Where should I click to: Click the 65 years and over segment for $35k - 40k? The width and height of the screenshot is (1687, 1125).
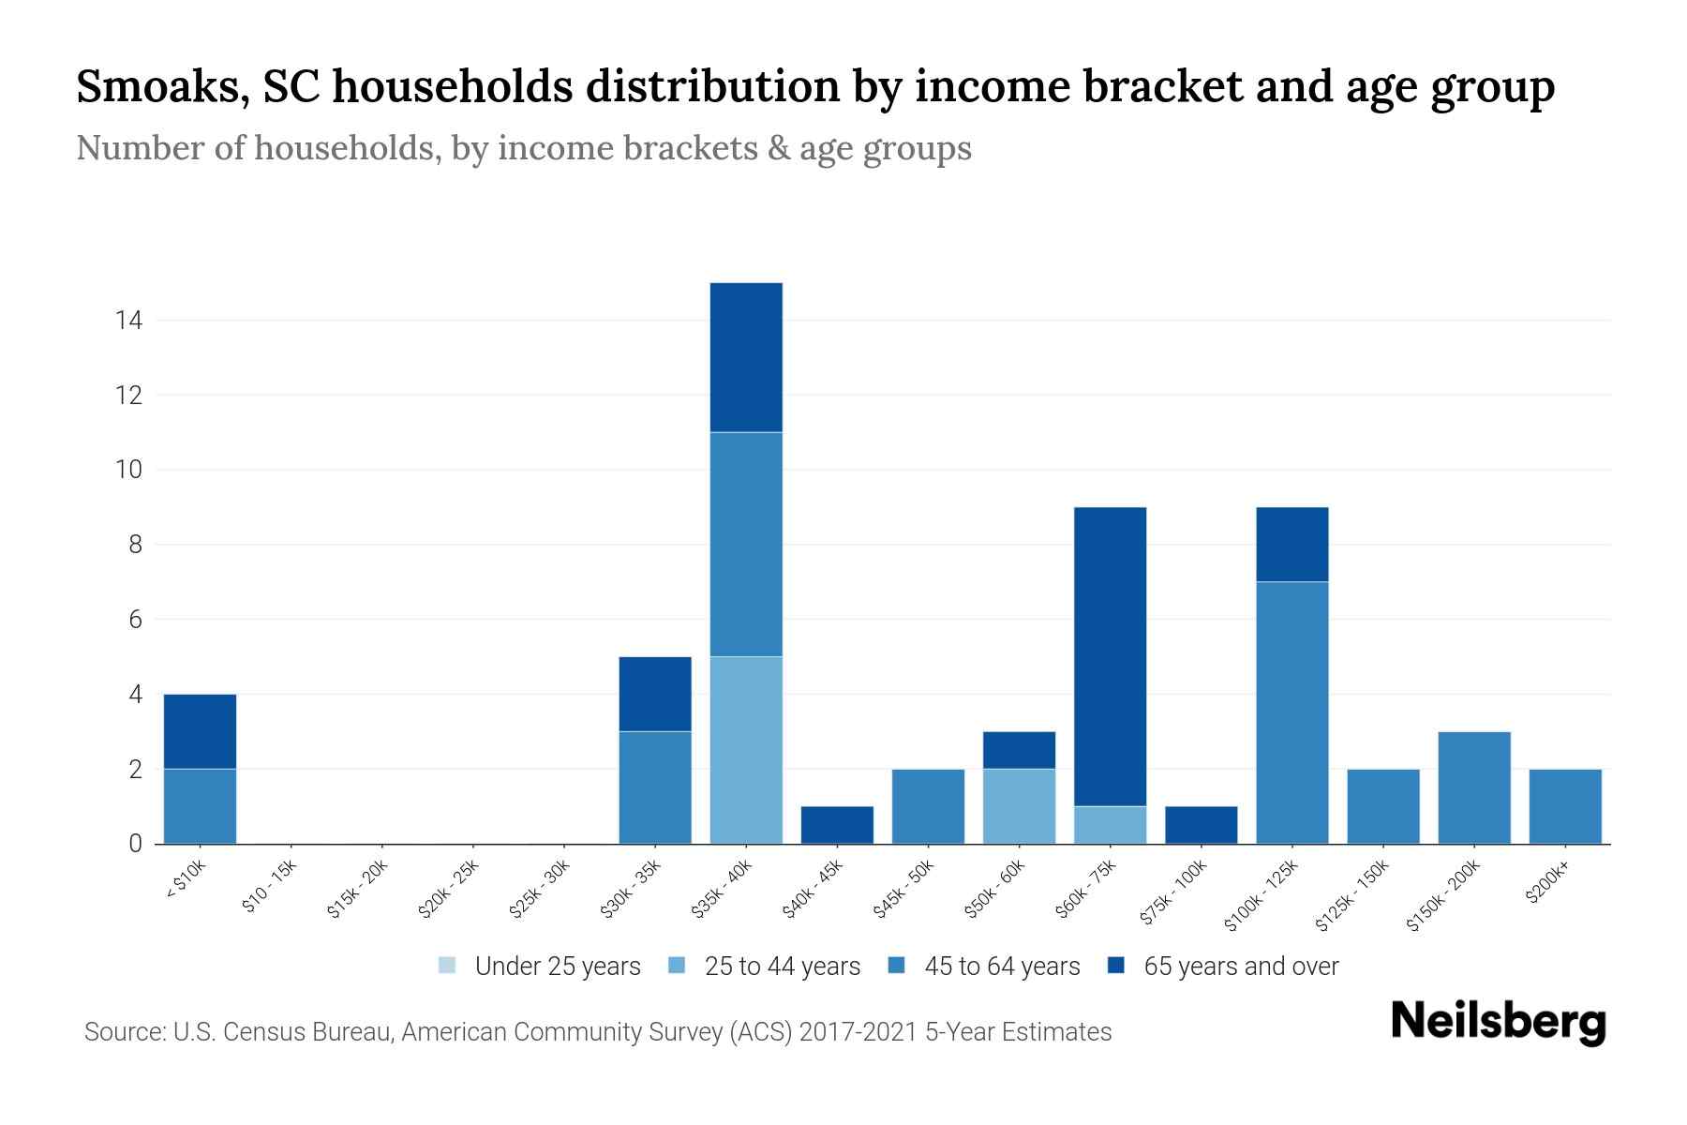pos(746,357)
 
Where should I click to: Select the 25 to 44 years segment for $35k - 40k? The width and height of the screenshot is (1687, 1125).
pos(746,750)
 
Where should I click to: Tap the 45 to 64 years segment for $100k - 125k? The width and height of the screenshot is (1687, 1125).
pos(1291,712)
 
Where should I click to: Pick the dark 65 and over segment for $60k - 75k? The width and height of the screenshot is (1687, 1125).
pos(1110,656)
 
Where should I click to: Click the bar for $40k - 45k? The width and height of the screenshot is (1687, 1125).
pos(837,825)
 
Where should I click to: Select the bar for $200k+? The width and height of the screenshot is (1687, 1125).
pos(1564,806)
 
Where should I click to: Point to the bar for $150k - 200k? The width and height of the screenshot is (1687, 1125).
pos(1473,787)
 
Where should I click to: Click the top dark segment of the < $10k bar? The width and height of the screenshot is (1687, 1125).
pos(200,731)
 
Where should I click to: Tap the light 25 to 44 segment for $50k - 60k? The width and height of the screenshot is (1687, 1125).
pos(1019,806)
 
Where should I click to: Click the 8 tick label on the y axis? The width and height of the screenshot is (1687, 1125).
pos(135,545)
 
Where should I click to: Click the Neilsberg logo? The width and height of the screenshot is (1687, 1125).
pos(1498,1022)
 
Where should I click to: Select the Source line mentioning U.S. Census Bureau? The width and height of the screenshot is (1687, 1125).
pos(597,1032)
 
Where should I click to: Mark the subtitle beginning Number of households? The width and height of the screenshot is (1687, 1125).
pos(523,148)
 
